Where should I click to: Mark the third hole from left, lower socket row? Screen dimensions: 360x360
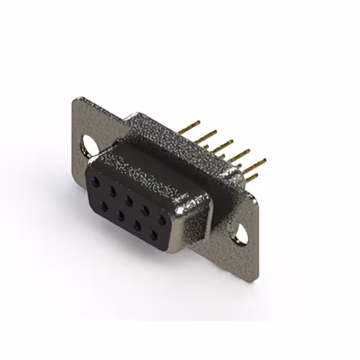(137, 224)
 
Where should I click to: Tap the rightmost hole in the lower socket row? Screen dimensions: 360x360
(153, 235)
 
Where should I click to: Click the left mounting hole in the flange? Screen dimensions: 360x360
(88, 145)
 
